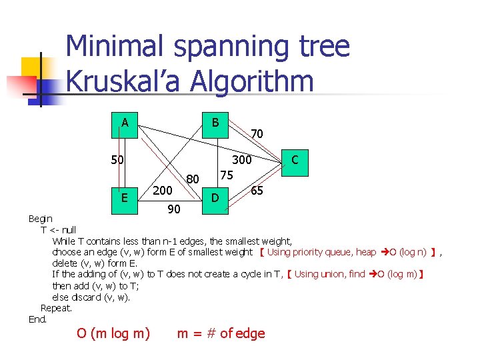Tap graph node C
point(295,161)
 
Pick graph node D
point(215,198)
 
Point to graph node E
point(125,198)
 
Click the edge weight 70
point(257,134)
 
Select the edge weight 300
point(241,160)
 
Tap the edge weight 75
point(227,175)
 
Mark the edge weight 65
point(257,191)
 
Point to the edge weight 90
point(173,210)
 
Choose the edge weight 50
point(118,160)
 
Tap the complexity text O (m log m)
point(113,333)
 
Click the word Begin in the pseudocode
point(40,219)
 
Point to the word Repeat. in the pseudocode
point(56,308)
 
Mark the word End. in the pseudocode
point(38,319)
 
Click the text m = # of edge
point(221,333)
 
